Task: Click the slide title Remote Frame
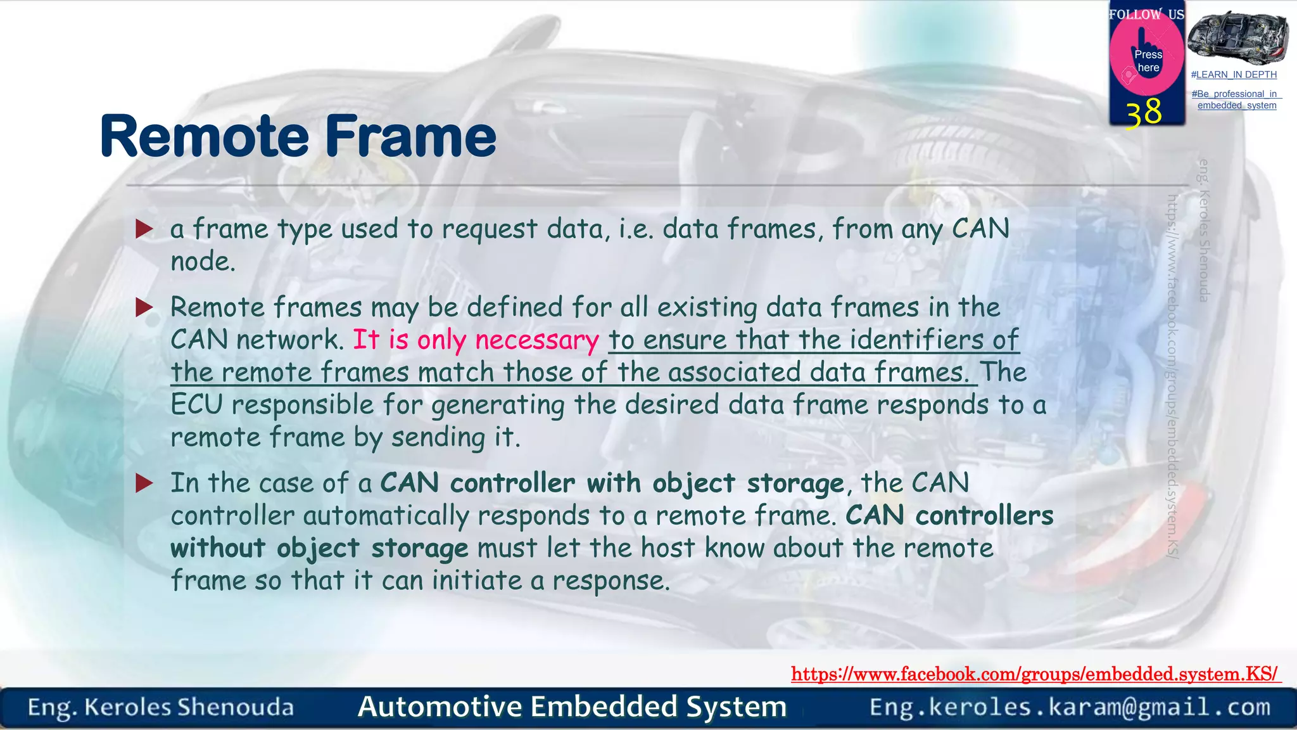tap(298, 136)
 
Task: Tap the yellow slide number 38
tap(1144, 113)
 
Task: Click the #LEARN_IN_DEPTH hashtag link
tap(1234, 75)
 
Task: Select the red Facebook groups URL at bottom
tap(1035, 674)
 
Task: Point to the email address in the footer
tap(1070, 707)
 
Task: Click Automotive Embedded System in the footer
tap(572, 707)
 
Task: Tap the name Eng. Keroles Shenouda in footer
tap(161, 707)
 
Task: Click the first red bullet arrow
tap(144, 229)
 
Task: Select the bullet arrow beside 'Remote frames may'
tap(144, 308)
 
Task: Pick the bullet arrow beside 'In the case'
tap(144, 484)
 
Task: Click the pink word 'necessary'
tap(536, 341)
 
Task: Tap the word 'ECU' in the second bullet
tap(196, 405)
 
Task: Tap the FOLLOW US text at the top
tap(1146, 14)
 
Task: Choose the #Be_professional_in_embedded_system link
tap(1236, 99)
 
